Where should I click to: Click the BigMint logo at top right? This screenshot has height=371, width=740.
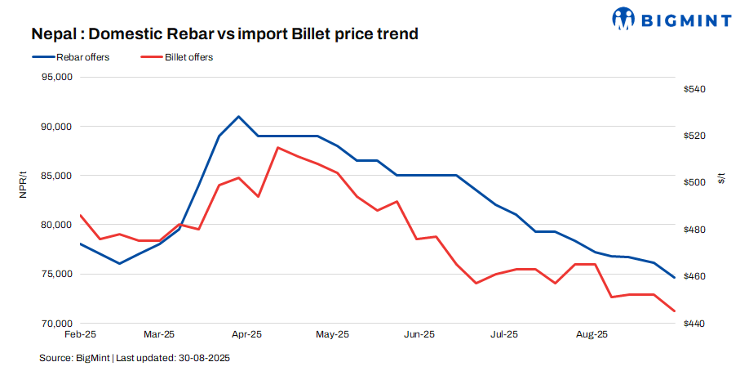(671, 17)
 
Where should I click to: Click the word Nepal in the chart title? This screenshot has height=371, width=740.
(55, 34)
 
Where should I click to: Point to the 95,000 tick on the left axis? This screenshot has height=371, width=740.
(57, 78)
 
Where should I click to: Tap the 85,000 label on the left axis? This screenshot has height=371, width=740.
(57, 176)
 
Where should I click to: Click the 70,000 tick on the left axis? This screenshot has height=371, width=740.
(57, 324)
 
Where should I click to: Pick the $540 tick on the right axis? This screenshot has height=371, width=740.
(694, 89)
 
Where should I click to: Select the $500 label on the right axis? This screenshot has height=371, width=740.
(694, 182)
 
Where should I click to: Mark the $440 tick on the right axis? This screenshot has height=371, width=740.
(694, 324)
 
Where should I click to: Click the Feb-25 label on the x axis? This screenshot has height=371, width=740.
(80, 334)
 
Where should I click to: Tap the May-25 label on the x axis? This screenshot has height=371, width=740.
(332, 334)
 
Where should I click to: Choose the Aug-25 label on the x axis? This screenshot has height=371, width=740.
(592, 334)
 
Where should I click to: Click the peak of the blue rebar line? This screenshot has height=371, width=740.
(238, 116)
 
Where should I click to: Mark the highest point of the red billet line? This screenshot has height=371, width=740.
(278, 148)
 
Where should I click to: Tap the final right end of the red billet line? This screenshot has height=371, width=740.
(674, 311)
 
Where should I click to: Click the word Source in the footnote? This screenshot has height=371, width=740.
(54, 358)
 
